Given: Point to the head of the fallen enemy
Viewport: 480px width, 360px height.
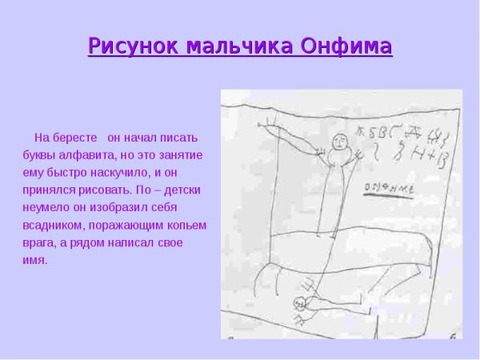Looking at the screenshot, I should click(300, 302).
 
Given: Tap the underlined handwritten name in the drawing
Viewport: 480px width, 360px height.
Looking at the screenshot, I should click(387, 190).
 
